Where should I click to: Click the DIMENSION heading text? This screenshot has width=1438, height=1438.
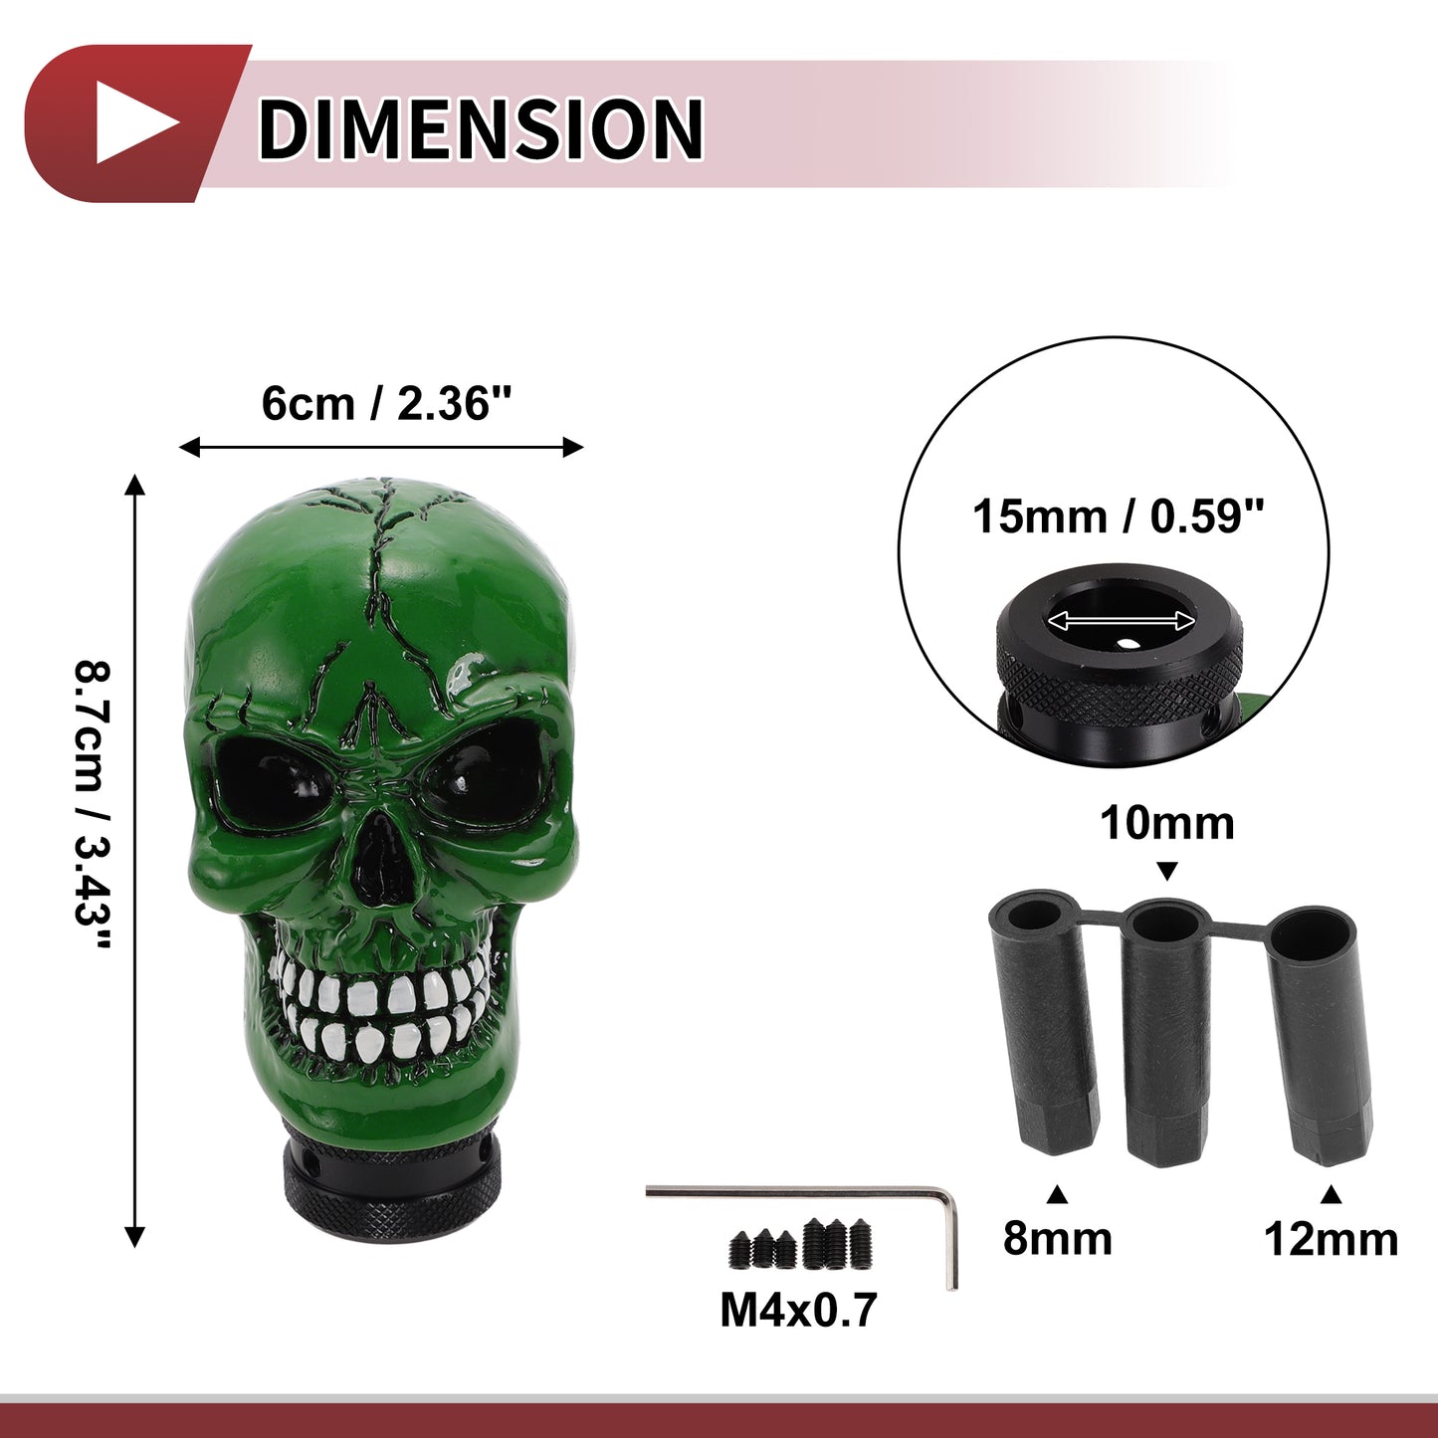[481, 127]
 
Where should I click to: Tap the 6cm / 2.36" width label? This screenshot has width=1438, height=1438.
[386, 403]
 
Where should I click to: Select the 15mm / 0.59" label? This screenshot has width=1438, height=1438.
[1118, 516]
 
